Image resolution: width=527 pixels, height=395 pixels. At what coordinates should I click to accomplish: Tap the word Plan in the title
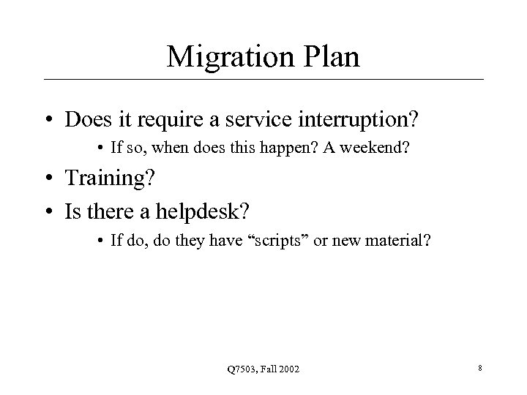point(328,57)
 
